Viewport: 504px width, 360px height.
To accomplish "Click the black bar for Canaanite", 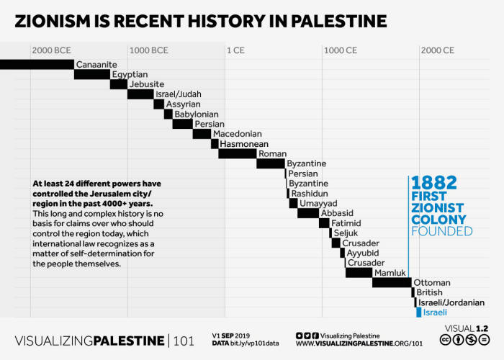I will (x=37, y=64).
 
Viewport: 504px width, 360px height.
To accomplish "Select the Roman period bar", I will (x=237, y=153).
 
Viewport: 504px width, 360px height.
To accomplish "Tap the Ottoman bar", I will (x=391, y=282).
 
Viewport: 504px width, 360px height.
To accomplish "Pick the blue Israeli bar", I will (x=418, y=312).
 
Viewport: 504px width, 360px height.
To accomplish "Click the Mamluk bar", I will (x=358, y=272).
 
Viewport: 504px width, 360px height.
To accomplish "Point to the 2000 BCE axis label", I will (x=51, y=50).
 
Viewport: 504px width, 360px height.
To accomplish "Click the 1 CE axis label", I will (x=236, y=50).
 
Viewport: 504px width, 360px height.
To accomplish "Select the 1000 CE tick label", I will (x=341, y=50).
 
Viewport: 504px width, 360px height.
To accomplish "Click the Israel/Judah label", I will (x=179, y=94).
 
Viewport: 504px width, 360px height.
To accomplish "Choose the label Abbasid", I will (x=337, y=213).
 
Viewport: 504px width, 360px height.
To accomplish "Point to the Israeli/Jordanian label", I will (x=451, y=302).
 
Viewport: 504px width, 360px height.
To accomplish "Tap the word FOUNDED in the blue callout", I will (x=442, y=231).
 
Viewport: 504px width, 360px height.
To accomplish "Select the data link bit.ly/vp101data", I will (x=257, y=343).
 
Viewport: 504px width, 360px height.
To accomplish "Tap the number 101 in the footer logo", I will (x=184, y=340).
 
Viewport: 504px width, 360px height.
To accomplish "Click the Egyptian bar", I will (x=92, y=74).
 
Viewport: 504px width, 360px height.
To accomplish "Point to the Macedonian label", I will (x=237, y=134).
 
